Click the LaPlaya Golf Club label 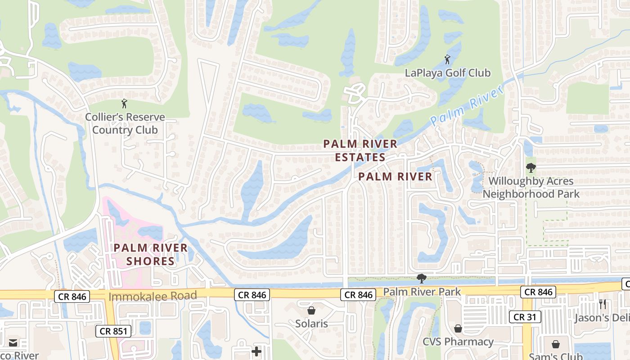click(x=448, y=72)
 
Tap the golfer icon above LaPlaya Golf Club click(x=447, y=59)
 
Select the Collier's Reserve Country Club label click(x=125, y=124)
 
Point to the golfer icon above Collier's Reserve click(x=125, y=103)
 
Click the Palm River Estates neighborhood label click(x=360, y=150)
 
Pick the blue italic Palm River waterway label click(x=466, y=106)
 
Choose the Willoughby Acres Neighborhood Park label click(x=531, y=187)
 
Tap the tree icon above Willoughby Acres click(x=531, y=168)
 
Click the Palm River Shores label click(x=150, y=254)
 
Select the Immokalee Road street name click(x=153, y=296)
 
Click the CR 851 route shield click(x=113, y=332)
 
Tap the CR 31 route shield click(x=525, y=317)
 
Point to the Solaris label click(x=311, y=324)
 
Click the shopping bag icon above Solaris click(x=311, y=310)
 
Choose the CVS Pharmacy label click(x=458, y=342)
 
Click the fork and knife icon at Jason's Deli click(x=603, y=305)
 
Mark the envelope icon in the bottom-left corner click(x=13, y=343)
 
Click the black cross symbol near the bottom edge click(x=256, y=351)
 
